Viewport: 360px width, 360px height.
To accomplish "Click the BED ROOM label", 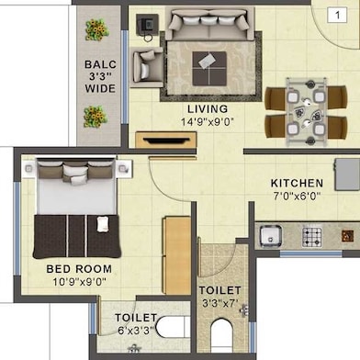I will pyautogui.click(x=79, y=269).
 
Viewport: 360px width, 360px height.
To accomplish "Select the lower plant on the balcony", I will pyautogui.click(x=94, y=116).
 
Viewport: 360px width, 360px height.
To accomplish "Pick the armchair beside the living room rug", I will pyautogui.click(x=147, y=66).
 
